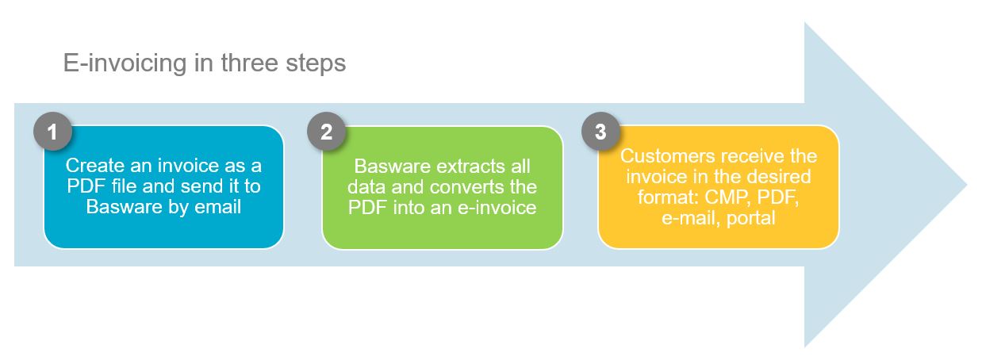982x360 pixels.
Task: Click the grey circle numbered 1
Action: (53, 132)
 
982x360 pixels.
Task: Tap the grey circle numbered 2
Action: (326, 132)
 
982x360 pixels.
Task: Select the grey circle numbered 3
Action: (600, 132)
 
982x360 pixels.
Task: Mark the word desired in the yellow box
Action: (781, 176)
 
